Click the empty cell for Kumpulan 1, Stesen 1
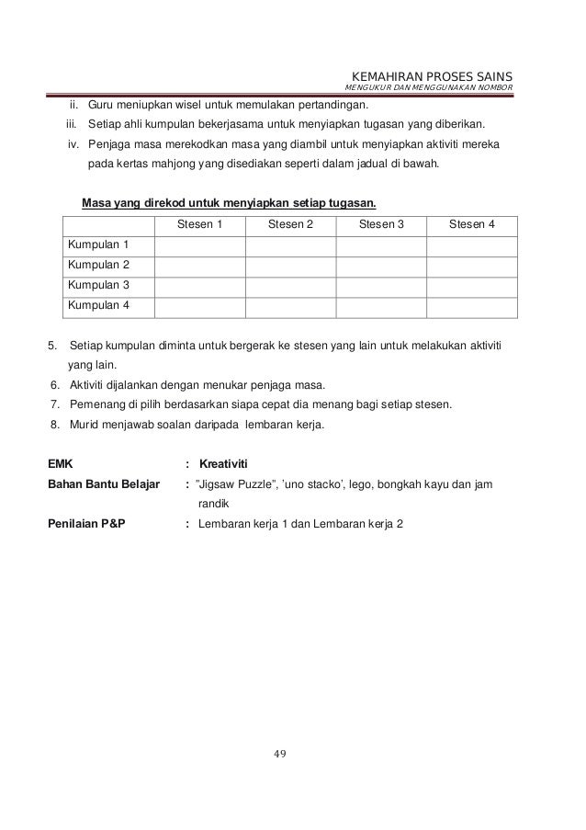(199, 245)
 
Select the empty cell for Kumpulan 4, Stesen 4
(472, 304)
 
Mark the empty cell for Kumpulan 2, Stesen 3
(381, 265)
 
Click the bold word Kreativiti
(224, 461)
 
